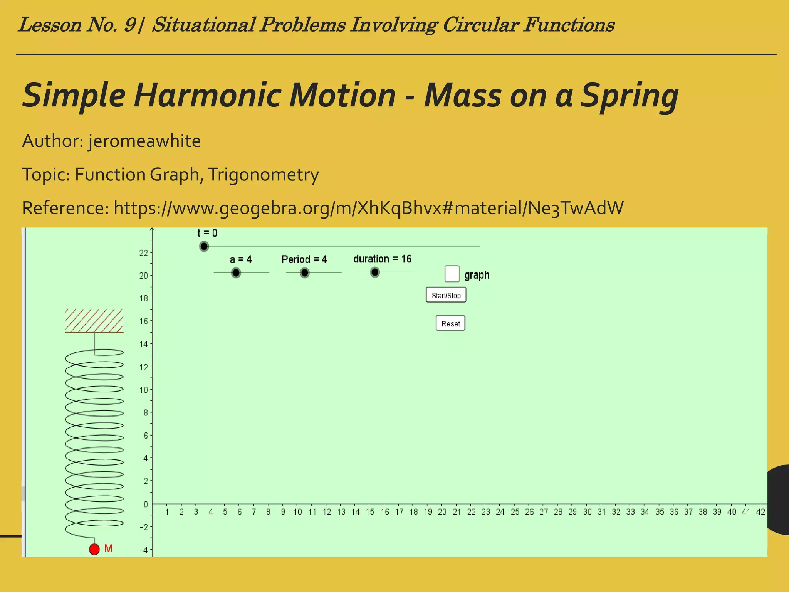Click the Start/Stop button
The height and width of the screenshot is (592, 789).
point(446,295)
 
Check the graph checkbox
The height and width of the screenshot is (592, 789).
point(452,274)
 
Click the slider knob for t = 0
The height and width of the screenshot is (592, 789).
point(204,246)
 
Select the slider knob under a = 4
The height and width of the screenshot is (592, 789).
point(236,273)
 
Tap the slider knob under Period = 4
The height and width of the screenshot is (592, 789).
point(304,273)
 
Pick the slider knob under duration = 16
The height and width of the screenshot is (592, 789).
point(374,272)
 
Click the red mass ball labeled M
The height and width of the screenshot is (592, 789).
point(94,549)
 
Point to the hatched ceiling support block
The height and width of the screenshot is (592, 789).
point(94,321)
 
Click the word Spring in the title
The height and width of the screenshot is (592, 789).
point(629,96)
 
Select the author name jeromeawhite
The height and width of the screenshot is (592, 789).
point(144,141)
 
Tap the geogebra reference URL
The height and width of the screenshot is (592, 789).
point(368,208)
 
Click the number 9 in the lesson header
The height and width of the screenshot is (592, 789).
point(130,25)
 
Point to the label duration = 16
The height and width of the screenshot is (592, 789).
point(383,259)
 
